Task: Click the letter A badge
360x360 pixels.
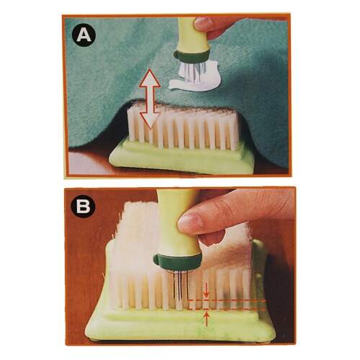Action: click(x=84, y=36)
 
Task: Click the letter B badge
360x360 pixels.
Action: click(x=84, y=206)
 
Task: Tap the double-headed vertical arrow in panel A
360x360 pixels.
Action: click(x=150, y=99)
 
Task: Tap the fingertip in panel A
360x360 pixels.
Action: click(x=203, y=23)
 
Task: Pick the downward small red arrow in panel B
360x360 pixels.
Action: click(x=207, y=292)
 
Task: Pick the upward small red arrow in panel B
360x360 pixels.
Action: click(x=207, y=318)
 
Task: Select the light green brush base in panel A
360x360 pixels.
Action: click(x=181, y=156)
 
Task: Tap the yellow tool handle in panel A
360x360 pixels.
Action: click(x=193, y=34)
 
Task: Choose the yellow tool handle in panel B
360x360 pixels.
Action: click(x=176, y=223)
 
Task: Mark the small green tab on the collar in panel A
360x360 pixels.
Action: click(x=177, y=55)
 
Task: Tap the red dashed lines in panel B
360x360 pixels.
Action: click(x=227, y=305)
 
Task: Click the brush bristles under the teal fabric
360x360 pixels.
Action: click(x=182, y=130)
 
